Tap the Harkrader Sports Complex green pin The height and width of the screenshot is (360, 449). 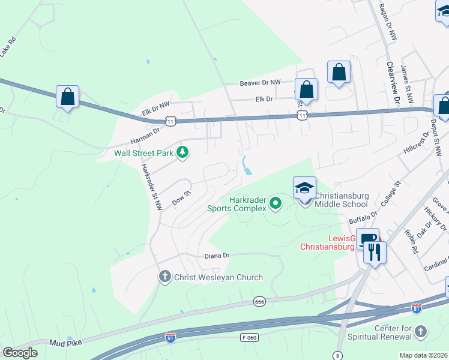(276, 203)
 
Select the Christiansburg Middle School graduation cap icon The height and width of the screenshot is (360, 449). (304, 188)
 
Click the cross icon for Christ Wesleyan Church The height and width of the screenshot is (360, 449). (165, 277)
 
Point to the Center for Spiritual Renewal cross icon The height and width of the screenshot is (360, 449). (421, 331)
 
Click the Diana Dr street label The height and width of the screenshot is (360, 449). (218, 255)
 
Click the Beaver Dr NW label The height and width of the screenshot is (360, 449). (260, 83)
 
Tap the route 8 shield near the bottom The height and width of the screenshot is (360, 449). (338, 356)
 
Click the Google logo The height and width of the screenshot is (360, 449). (20, 353)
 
